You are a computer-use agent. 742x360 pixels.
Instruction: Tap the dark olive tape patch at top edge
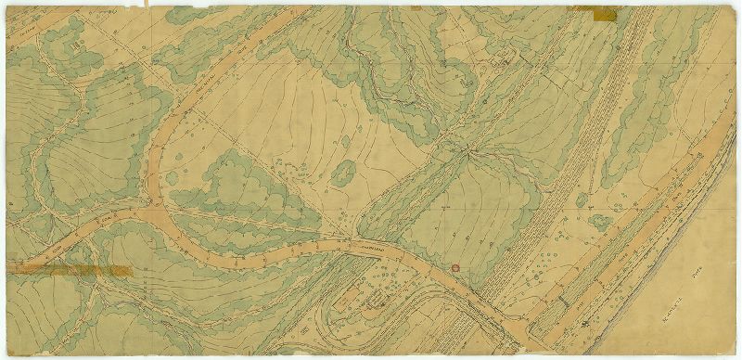[x=595, y=12]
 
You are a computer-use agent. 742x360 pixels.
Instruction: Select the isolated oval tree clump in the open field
[x=344, y=171]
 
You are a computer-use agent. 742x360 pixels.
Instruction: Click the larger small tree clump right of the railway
[x=601, y=223]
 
